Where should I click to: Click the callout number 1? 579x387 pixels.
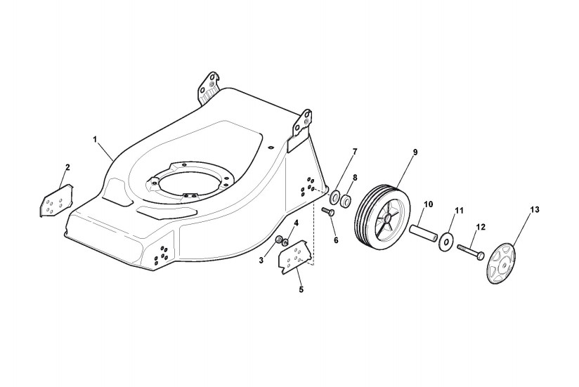pos(95,139)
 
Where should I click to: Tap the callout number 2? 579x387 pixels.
pos(67,167)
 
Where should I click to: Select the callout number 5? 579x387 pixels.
pos(301,289)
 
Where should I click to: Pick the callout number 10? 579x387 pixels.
pos(428,204)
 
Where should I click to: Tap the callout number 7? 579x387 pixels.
pos(355,152)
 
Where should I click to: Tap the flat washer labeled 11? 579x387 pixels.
pos(444,241)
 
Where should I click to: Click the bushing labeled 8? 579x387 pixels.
pos(346,201)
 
